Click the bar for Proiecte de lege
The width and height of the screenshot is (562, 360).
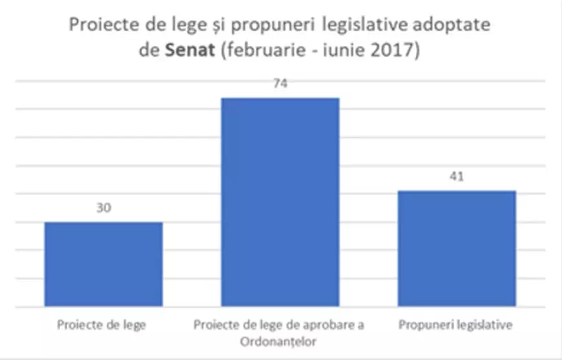click(x=103, y=264)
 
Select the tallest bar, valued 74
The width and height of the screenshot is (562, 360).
click(x=280, y=202)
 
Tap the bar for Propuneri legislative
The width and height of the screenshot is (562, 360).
click(x=457, y=248)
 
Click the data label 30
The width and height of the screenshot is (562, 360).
click(x=103, y=208)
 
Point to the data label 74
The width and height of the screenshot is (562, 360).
click(x=280, y=84)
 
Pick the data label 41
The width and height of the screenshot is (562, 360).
click(x=457, y=177)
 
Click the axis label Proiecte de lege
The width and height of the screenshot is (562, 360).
click(x=101, y=324)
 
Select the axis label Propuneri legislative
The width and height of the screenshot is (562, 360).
click(x=456, y=324)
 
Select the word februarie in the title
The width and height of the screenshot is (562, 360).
click(x=255, y=50)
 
